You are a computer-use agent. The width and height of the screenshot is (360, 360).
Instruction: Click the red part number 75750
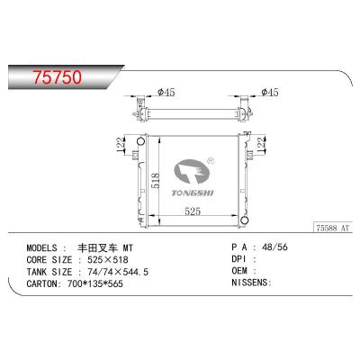pos(57,77)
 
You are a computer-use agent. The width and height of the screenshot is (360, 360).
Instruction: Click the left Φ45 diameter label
pos(166,92)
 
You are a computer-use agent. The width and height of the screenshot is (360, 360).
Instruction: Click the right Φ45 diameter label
pos(270,92)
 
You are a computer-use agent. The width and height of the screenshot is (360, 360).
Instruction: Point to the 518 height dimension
pos(156,180)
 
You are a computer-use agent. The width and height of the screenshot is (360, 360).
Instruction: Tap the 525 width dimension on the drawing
pos(193,211)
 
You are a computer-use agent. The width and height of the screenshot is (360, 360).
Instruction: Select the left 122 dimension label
pos(121,146)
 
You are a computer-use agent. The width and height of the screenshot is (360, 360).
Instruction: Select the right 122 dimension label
pos(262,146)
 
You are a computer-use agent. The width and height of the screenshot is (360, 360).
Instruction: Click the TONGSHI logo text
pos(193,193)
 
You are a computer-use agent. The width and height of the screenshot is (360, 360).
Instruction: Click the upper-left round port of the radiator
pos(140,141)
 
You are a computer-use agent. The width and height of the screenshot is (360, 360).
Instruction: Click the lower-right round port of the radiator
pos(245,220)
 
